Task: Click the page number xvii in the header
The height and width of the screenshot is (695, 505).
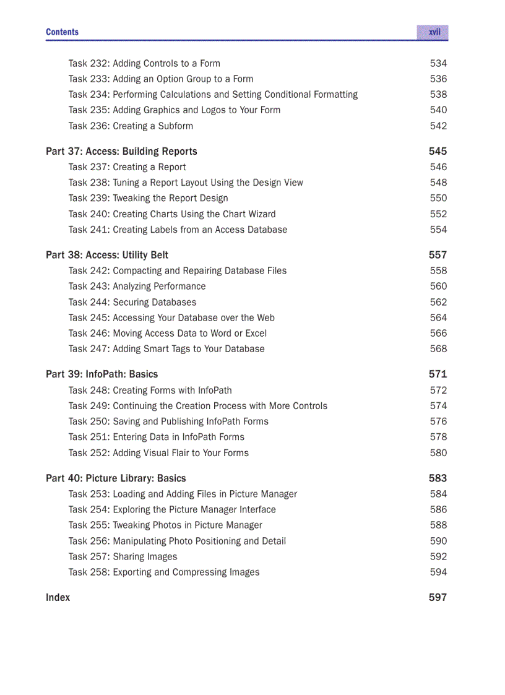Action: click(x=434, y=32)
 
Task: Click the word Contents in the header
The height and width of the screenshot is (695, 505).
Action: click(x=62, y=32)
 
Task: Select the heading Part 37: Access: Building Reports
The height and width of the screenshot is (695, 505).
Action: click(x=121, y=152)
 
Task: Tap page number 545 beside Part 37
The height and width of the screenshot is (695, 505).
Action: click(x=438, y=152)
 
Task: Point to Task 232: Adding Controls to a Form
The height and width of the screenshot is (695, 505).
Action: click(x=144, y=64)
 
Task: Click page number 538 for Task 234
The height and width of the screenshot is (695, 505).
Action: click(x=438, y=95)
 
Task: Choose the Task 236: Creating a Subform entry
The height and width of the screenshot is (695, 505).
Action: click(x=131, y=126)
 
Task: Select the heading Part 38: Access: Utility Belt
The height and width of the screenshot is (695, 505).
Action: click(x=107, y=255)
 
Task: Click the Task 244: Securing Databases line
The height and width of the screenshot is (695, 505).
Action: click(x=132, y=303)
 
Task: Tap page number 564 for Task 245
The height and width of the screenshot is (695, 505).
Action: click(x=438, y=318)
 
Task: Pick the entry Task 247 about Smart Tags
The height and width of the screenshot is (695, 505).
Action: click(x=166, y=349)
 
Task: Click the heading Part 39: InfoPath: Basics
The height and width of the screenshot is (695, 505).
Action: click(x=101, y=374)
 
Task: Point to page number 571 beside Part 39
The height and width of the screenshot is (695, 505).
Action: click(x=438, y=374)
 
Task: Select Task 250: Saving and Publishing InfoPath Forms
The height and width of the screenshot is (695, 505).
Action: click(x=168, y=421)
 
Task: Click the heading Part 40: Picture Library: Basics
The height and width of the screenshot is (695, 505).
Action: click(x=116, y=478)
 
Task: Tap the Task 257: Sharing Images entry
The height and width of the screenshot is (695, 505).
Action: click(x=123, y=557)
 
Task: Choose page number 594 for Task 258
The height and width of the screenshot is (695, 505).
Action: click(x=438, y=572)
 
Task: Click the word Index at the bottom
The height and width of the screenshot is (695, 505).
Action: click(x=58, y=598)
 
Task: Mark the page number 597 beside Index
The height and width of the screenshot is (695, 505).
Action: click(x=438, y=598)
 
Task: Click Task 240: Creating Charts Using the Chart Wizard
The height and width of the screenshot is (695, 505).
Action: click(x=172, y=214)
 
